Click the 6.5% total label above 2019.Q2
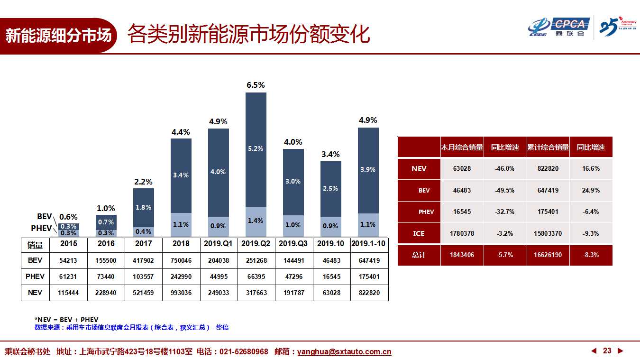point(256,85)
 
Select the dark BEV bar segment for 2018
point(181,175)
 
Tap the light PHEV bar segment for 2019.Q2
point(256,222)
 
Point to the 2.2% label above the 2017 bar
point(143,182)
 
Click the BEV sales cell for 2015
point(68,260)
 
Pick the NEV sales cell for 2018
point(181,293)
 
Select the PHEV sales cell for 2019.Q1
point(218,277)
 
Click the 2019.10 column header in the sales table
point(331,244)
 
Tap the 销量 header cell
point(35,245)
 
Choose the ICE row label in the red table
point(419,233)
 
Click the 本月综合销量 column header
point(462,148)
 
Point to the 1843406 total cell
point(462,255)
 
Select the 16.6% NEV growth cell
point(591,169)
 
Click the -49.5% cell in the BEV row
point(505,190)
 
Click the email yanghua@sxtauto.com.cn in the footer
point(344,352)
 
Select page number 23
point(607,351)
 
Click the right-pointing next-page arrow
point(620,351)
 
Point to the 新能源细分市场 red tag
point(58,36)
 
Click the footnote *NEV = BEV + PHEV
point(66,320)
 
